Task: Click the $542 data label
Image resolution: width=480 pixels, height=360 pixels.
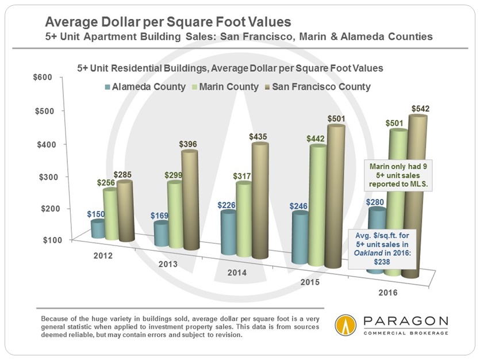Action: [x=418, y=108]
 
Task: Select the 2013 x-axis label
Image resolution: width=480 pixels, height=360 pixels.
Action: [x=167, y=265]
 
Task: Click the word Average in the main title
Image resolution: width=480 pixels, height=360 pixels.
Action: [x=71, y=23]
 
